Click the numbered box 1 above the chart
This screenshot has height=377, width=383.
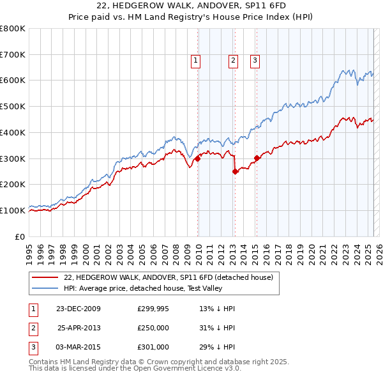click(x=195, y=61)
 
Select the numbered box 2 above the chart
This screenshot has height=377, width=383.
click(x=233, y=61)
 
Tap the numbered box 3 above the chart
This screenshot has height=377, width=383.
click(x=255, y=61)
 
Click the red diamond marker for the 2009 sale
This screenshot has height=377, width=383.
click(x=198, y=159)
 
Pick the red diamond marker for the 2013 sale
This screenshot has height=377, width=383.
click(x=236, y=171)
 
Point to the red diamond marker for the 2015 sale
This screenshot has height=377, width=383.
click(x=257, y=158)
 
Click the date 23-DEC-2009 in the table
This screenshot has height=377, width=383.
click(x=79, y=309)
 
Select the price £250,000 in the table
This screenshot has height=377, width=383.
click(x=153, y=328)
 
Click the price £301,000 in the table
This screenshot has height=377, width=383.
click(x=153, y=347)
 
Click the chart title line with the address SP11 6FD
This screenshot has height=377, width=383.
click(x=191, y=6)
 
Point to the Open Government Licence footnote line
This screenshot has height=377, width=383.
click(x=135, y=369)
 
